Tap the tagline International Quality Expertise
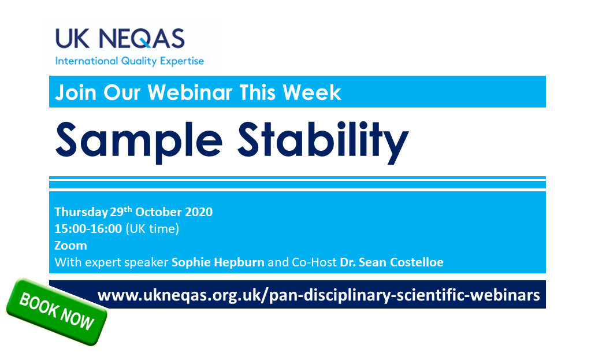click(129, 61)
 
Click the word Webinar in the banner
click(194, 92)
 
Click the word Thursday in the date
click(81, 212)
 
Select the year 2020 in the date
click(198, 212)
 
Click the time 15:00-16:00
click(88, 229)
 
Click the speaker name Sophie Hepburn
click(218, 262)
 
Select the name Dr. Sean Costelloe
click(392, 262)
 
